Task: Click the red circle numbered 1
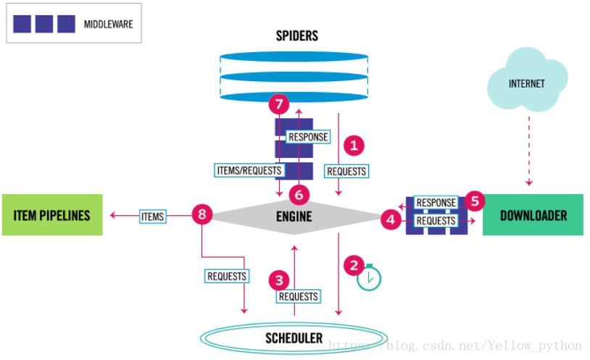tap(354, 145)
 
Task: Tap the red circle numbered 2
tap(354, 264)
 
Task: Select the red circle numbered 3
tap(278, 279)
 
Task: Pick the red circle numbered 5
tap(474, 201)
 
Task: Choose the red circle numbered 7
tap(278, 104)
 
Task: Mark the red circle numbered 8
tap(202, 214)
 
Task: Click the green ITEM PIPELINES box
tap(52, 215)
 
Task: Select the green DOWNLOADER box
tap(533, 215)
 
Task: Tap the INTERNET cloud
tap(526, 84)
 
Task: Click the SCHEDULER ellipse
tap(294, 338)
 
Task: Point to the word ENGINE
tap(294, 216)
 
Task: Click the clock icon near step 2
tap(368, 277)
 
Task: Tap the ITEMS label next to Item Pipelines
tap(152, 215)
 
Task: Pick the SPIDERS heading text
tap(296, 35)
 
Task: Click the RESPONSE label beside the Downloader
tap(436, 203)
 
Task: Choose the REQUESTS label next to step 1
tap(346, 171)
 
